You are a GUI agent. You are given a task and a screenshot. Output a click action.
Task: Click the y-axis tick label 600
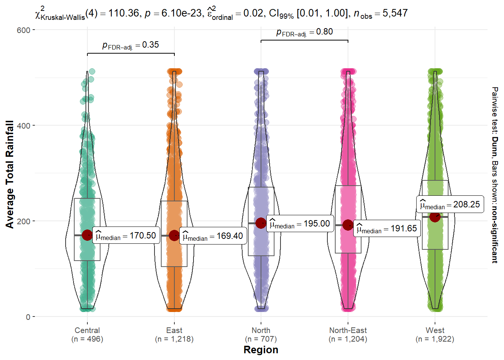coord(24,30)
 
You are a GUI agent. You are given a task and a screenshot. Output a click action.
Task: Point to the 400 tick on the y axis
coord(24,126)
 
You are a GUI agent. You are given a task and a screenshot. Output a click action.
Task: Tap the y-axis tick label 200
coord(24,221)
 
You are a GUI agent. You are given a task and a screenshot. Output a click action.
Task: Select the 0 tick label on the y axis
coord(28,317)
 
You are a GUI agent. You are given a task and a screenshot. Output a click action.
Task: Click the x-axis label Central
coord(87,330)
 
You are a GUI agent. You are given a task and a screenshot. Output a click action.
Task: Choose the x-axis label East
coord(174,330)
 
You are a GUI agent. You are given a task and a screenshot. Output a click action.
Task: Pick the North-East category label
coord(348,330)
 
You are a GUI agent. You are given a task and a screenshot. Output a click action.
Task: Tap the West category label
coord(435,330)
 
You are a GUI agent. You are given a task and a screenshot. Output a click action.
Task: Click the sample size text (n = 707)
coord(261,339)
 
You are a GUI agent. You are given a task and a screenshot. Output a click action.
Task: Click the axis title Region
coord(261,350)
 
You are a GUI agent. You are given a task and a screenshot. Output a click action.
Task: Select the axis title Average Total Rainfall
coord(10,174)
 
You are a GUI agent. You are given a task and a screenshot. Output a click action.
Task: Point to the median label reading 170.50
coord(126,235)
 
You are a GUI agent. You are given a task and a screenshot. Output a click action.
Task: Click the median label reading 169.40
coord(213,236)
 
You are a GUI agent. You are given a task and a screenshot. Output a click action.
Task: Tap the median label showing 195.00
coord(300,224)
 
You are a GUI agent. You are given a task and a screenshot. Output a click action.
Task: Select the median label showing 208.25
coord(450,205)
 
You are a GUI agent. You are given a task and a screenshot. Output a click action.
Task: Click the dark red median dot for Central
coord(87,235)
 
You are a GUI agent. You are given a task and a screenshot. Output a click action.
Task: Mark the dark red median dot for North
coord(261,223)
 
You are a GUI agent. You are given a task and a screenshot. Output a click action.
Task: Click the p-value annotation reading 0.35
coord(130,45)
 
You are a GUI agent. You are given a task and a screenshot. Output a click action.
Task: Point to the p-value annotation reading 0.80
coord(304,32)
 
